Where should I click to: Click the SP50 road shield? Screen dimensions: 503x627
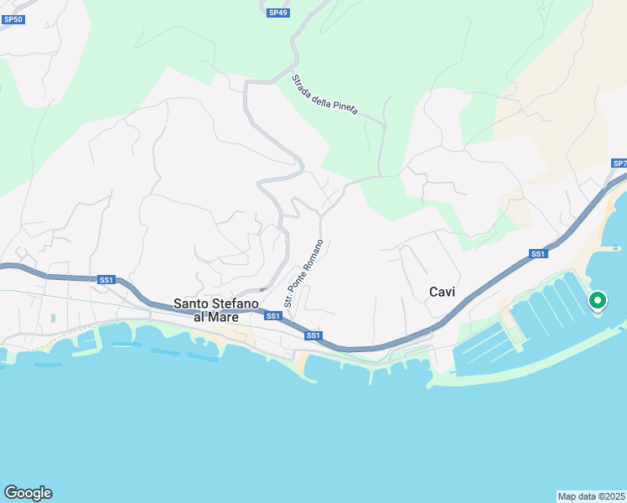tap(13, 18)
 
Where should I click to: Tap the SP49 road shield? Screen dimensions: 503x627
tap(278, 13)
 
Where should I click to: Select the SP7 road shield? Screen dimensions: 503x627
tap(619, 163)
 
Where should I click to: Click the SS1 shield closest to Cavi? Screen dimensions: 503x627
tap(538, 253)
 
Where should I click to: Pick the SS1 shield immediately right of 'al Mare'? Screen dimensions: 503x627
tap(272, 316)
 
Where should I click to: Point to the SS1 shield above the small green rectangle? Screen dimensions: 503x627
tap(106, 280)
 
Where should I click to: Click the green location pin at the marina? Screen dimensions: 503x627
tap(598, 299)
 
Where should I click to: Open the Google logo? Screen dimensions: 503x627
tap(28, 493)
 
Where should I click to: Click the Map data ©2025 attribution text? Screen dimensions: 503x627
tap(591, 495)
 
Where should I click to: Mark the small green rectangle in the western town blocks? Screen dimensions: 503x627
tap(52, 319)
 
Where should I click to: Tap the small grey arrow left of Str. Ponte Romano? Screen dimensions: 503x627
tap(262, 290)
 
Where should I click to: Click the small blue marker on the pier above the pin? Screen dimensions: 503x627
tap(616, 247)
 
